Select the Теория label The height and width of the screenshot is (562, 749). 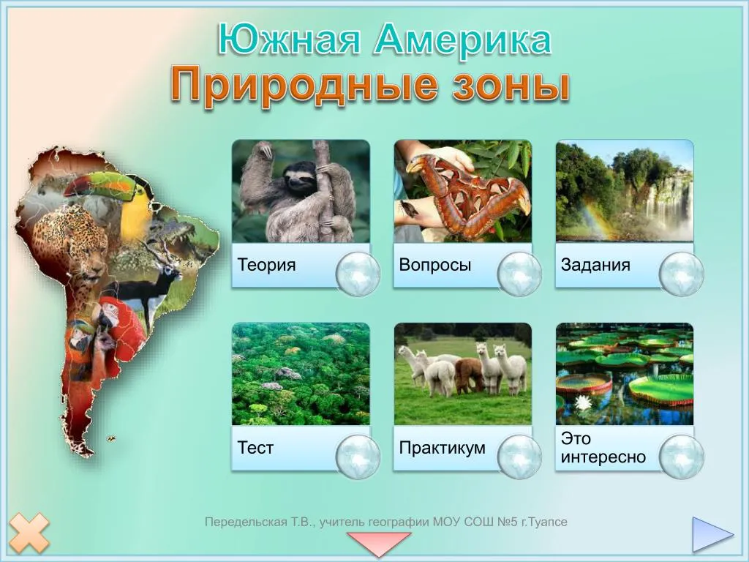266,264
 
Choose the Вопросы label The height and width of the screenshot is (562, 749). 434,265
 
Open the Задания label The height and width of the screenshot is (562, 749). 595,264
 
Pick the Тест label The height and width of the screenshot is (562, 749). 255,448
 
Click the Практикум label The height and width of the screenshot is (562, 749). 442,448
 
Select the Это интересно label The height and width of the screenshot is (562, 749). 603,447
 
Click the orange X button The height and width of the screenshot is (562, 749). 29,533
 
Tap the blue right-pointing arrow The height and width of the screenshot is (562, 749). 712,533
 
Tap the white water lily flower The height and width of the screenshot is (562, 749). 583,403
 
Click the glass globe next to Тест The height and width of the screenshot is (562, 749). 358,457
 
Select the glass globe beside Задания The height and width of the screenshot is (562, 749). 682,274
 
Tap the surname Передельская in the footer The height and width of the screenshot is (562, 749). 246,522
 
